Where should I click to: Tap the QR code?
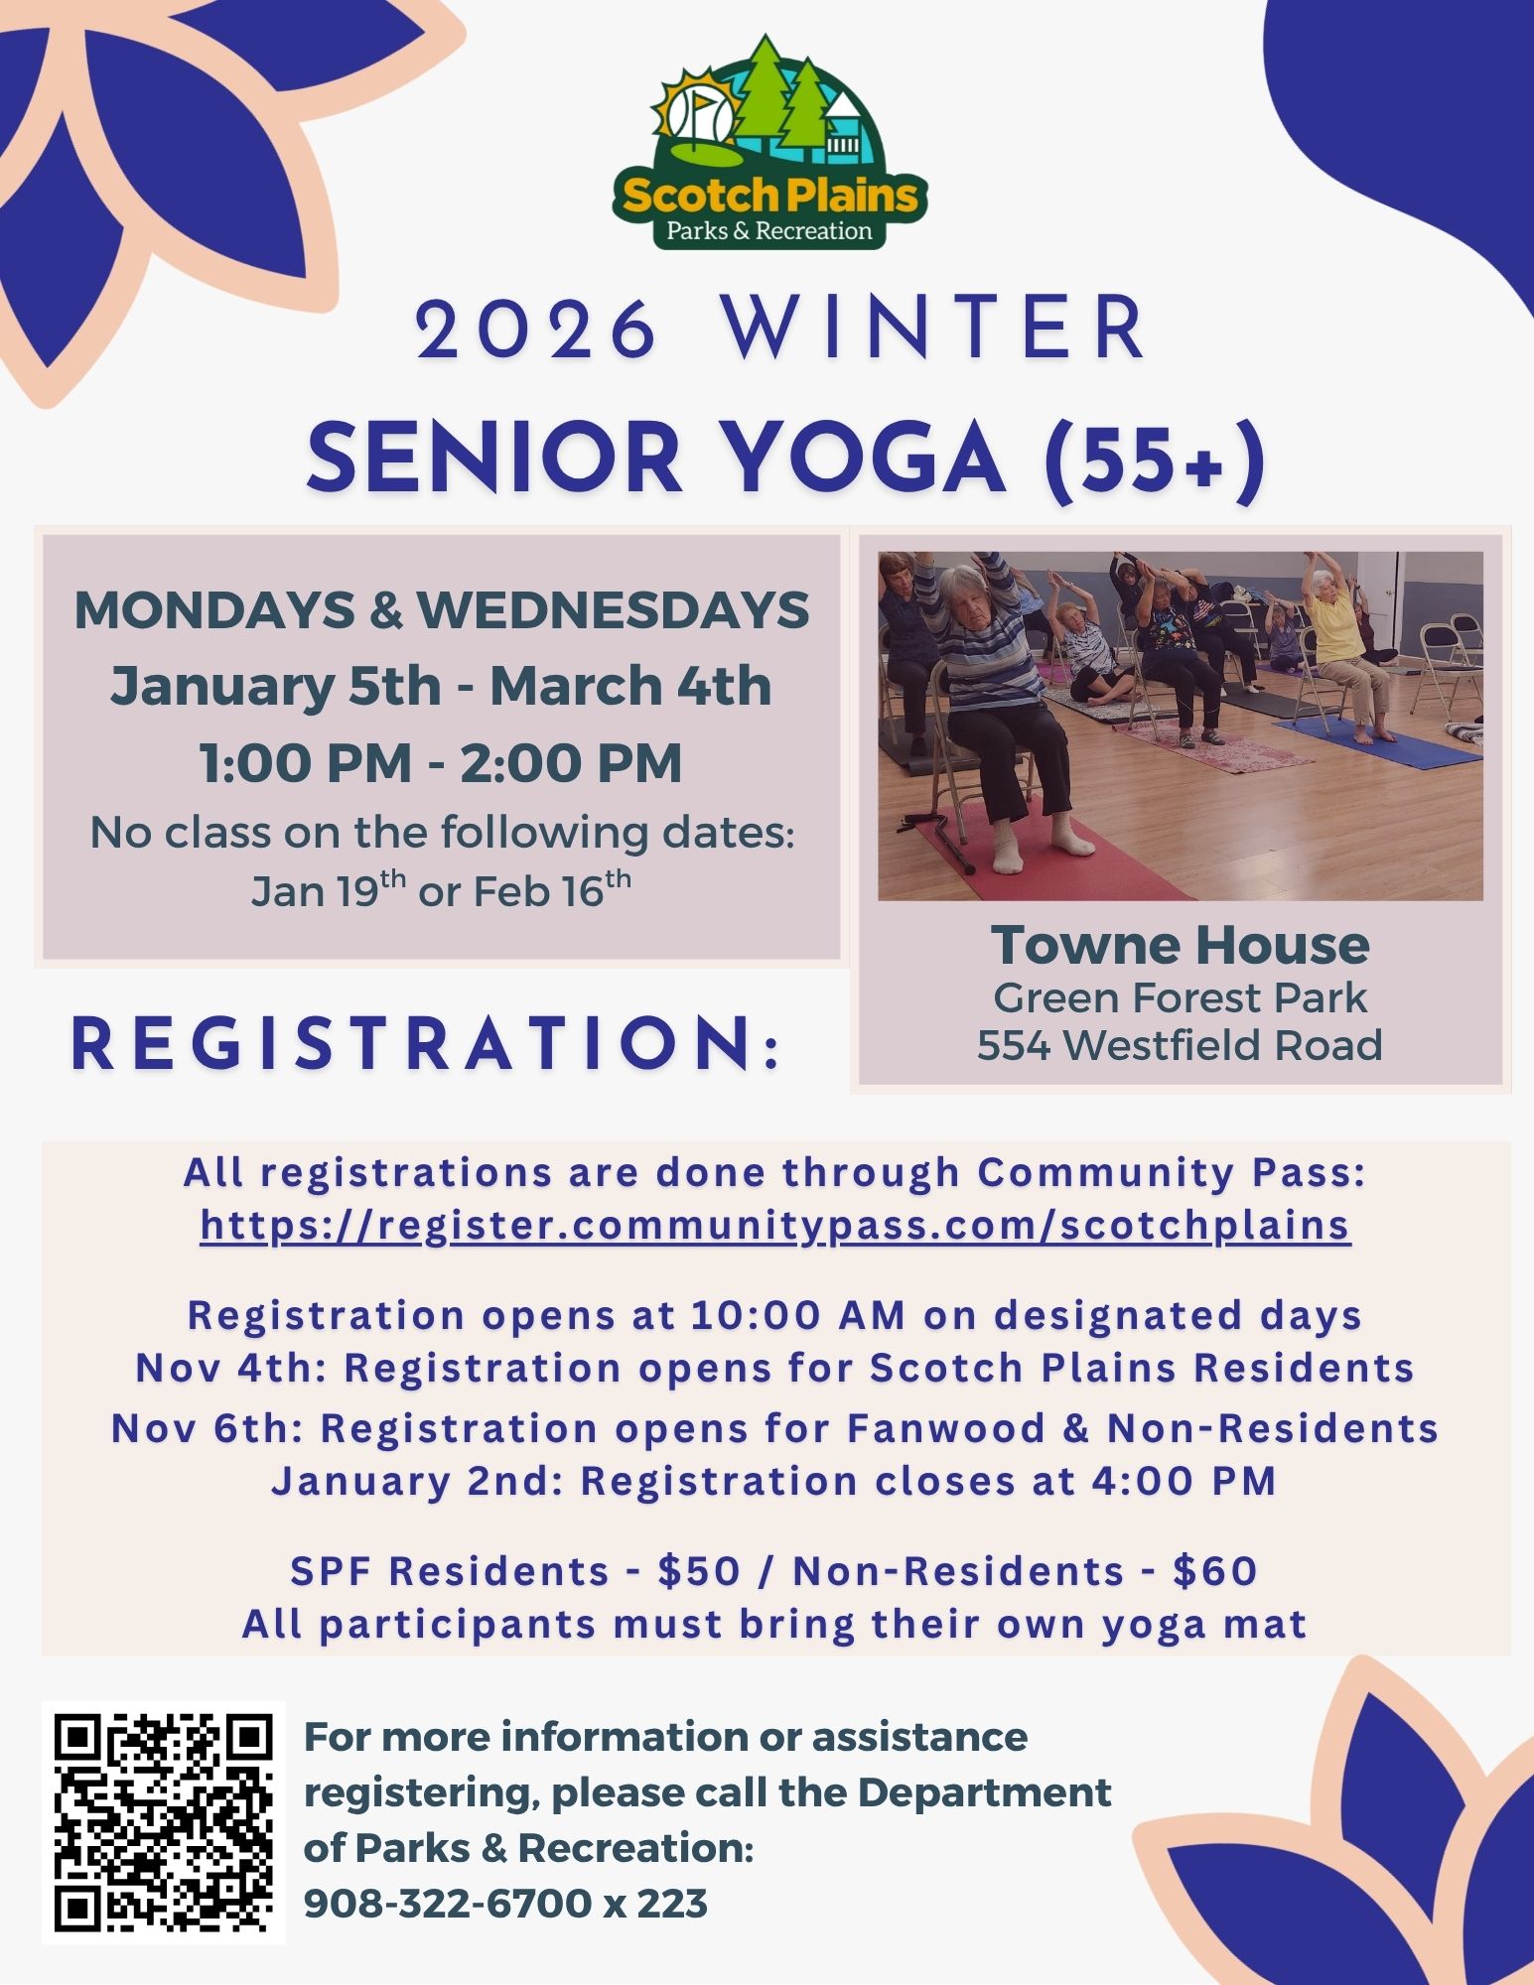pos(163,1822)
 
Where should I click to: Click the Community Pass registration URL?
pos(774,1225)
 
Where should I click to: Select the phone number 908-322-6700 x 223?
pos(504,1904)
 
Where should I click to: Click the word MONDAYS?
pos(214,609)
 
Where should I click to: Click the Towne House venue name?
pos(1180,945)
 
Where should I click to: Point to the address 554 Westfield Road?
pos(1180,1045)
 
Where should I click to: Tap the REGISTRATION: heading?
pos(427,1044)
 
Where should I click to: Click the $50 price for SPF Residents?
pos(699,1571)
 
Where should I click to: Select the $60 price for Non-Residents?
pos(1214,1571)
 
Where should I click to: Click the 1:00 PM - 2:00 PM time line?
pos(441,763)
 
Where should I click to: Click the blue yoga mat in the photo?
pos(1380,742)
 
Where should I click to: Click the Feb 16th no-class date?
pos(551,890)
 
